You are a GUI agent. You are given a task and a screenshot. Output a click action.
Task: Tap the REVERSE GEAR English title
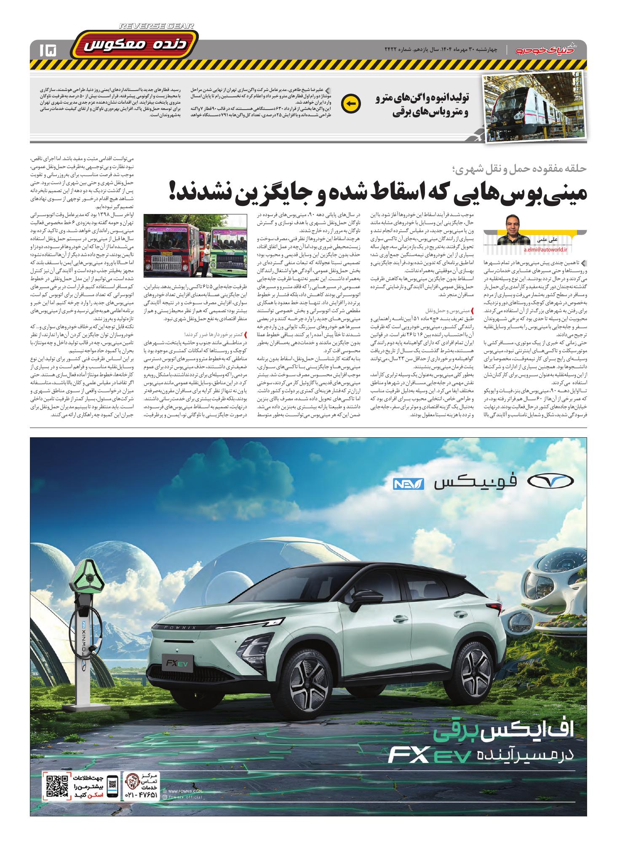click(157, 26)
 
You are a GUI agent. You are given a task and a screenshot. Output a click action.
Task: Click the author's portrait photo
click(513, 230)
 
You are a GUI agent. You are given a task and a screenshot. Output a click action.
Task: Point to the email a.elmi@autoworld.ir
click(546, 250)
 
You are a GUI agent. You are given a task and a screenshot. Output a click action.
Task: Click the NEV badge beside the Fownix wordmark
click(405, 484)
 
